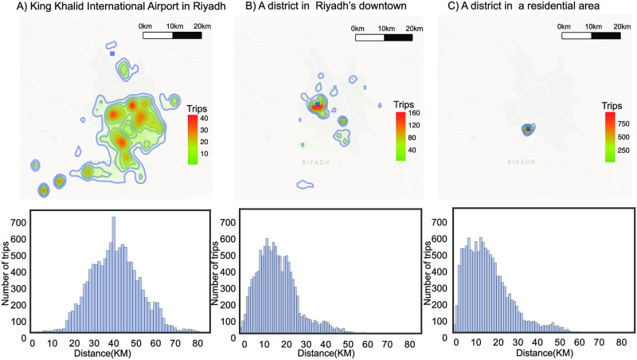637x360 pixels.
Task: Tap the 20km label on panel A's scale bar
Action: pos(202,27)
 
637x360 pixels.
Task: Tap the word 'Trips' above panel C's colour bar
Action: pos(612,105)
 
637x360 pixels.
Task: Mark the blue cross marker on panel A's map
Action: pos(112,53)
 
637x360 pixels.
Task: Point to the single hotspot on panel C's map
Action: pos(527,128)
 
